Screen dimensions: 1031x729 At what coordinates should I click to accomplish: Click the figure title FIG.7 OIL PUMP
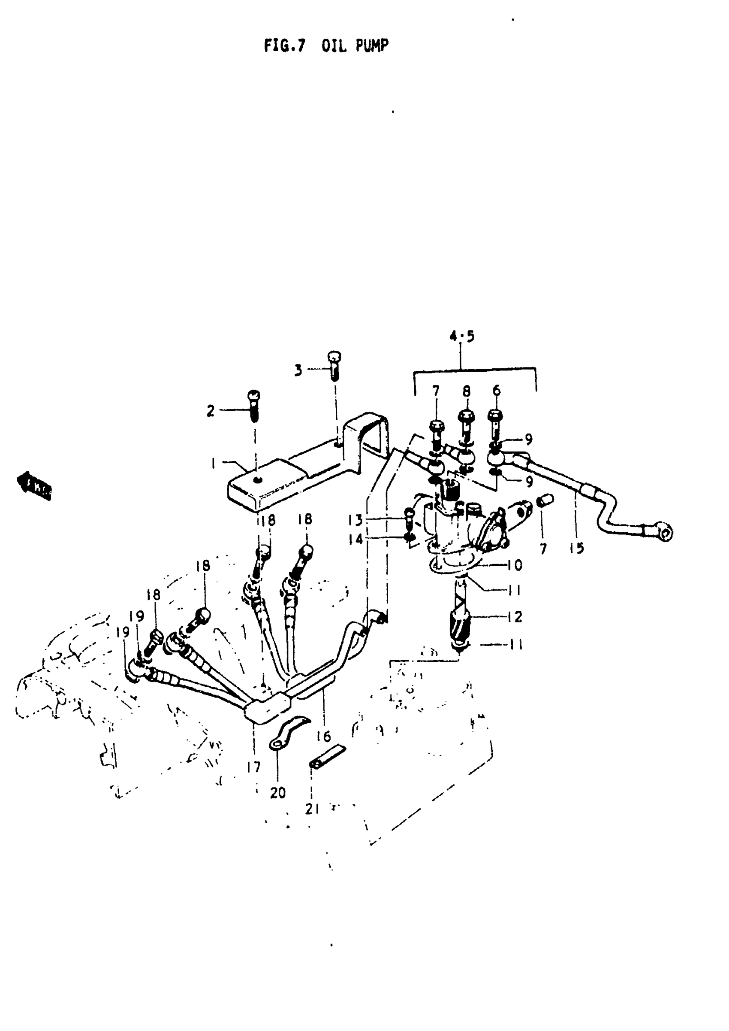pyautogui.click(x=326, y=45)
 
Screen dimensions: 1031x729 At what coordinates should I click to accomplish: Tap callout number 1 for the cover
pyautogui.click(x=214, y=463)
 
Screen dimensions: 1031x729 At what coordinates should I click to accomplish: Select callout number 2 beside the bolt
pyautogui.click(x=211, y=411)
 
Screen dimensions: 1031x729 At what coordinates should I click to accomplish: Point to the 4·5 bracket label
pyautogui.click(x=462, y=336)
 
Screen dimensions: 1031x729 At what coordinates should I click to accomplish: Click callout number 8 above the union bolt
pyautogui.click(x=467, y=391)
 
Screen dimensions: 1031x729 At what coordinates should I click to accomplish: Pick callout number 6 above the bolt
pyautogui.click(x=496, y=391)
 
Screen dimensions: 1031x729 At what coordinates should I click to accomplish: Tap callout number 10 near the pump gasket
pyautogui.click(x=515, y=565)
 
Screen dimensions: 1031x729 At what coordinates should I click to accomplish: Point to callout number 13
pyautogui.click(x=355, y=520)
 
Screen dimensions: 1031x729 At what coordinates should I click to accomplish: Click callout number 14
pyautogui.click(x=355, y=539)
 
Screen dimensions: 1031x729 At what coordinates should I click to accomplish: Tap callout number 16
pyautogui.click(x=323, y=736)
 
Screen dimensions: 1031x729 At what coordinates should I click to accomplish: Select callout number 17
pyautogui.click(x=253, y=767)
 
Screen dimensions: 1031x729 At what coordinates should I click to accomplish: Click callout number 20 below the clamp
pyautogui.click(x=278, y=793)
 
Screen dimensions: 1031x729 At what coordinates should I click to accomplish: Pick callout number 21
pyautogui.click(x=312, y=809)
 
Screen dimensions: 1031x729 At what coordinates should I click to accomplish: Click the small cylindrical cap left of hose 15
pyautogui.click(x=546, y=500)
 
